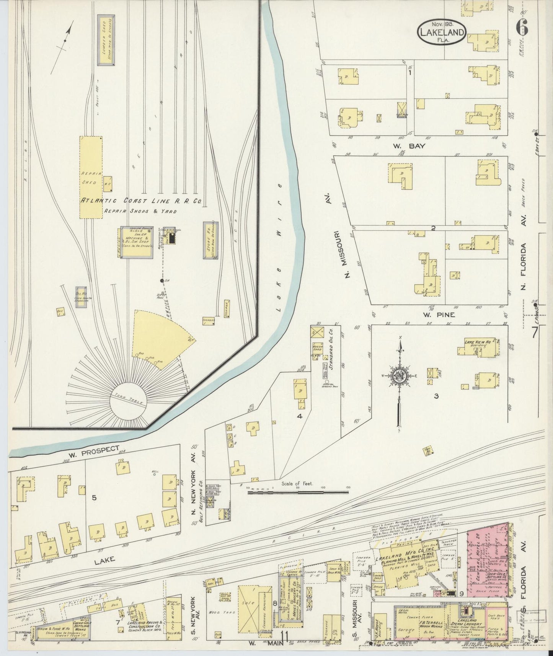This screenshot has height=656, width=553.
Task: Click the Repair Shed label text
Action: pos(90,178)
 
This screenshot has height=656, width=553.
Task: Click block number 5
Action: pos(93,498)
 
